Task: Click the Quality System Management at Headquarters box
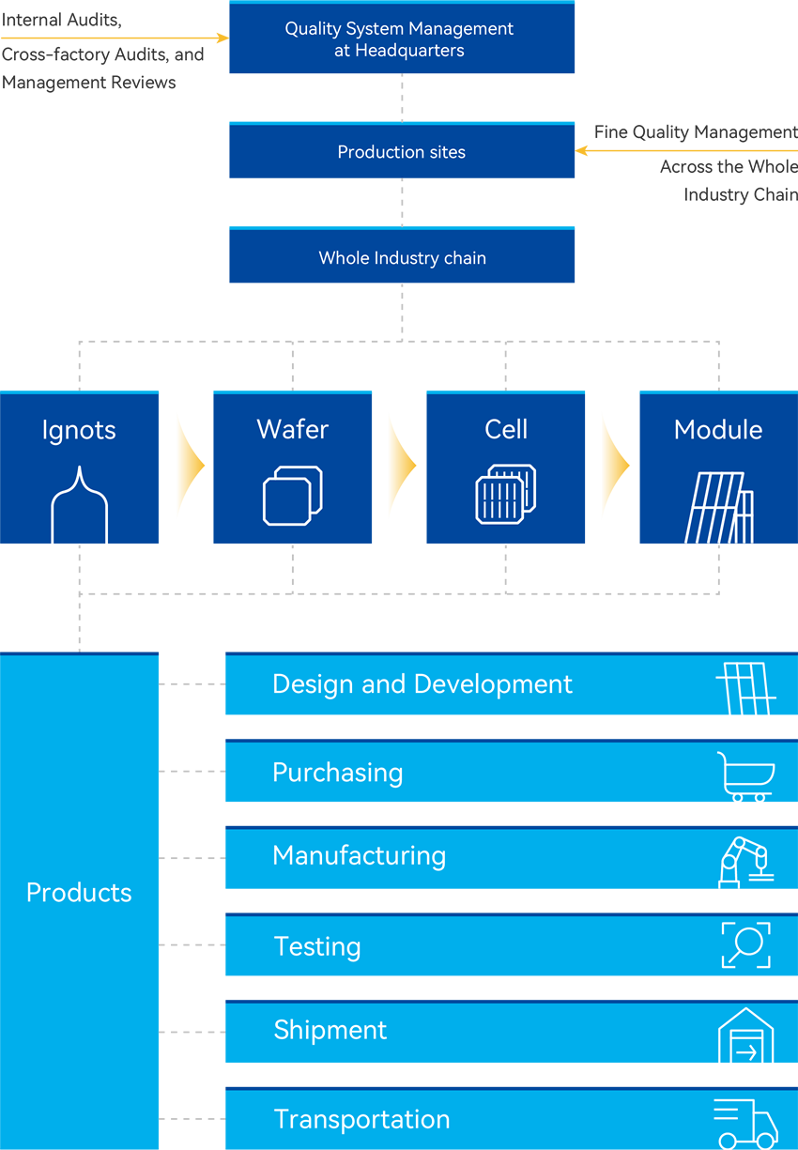pyautogui.click(x=402, y=39)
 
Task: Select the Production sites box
pyautogui.click(x=402, y=152)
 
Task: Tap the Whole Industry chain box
pyautogui.click(x=402, y=258)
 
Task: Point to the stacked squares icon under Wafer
pyautogui.click(x=292, y=495)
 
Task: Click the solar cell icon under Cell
pyautogui.click(x=506, y=494)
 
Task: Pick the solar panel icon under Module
pyautogui.click(x=719, y=507)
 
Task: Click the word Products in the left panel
pyautogui.click(x=79, y=892)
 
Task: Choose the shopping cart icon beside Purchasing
pyautogui.click(x=746, y=776)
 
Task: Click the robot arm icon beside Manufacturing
pyautogui.click(x=745, y=862)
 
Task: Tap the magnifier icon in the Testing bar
pyautogui.click(x=745, y=944)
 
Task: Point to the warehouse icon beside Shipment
pyautogui.click(x=746, y=1035)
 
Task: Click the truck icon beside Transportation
pyautogui.click(x=745, y=1124)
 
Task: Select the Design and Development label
pyautogui.click(x=422, y=684)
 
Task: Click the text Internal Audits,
pyautogui.click(x=62, y=20)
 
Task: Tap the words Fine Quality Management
pyautogui.click(x=696, y=132)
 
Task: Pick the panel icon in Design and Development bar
pyautogui.click(x=746, y=688)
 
